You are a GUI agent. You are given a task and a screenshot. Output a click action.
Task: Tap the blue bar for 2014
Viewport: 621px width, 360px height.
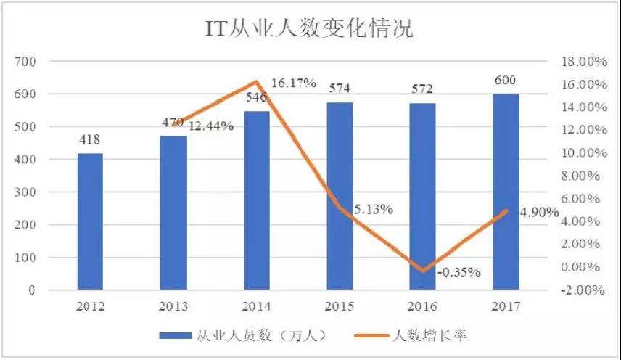pyautogui.click(x=256, y=200)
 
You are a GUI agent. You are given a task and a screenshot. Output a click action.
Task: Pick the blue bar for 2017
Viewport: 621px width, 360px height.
pyautogui.click(x=506, y=192)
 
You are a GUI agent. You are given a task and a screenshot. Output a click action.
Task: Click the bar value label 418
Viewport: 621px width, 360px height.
pyautogui.click(x=91, y=140)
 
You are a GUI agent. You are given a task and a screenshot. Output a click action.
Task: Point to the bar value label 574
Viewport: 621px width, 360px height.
pyautogui.click(x=339, y=89)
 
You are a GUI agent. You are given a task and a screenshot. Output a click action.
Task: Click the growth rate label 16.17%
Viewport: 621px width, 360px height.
pyautogui.click(x=293, y=83)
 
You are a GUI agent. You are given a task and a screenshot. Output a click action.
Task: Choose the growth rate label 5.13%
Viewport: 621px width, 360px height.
pyautogui.click(x=374, y=210)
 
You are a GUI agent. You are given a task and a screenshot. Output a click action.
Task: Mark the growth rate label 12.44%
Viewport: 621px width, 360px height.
pyautogui.click(x=210, y=126)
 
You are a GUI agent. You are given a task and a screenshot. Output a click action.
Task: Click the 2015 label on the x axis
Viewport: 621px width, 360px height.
pyautogui.click(x=339, y=306)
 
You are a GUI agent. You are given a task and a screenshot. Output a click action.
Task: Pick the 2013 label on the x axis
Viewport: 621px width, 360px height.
pyautogui.click(x=173, y=306)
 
